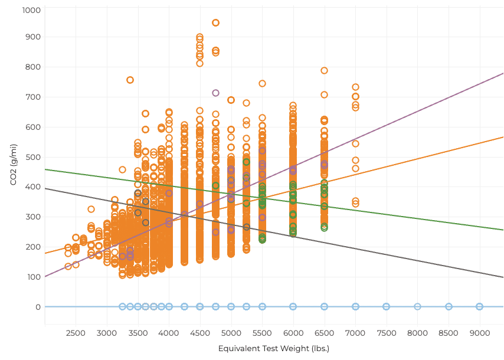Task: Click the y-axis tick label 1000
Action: point(31,10)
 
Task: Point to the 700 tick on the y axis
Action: point(33,97)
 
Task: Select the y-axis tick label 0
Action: point(38,307)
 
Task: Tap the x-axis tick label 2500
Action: point(76,333)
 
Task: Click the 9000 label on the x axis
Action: point(480,333)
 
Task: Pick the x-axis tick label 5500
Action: point(262,333)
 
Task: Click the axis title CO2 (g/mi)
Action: point(14,165)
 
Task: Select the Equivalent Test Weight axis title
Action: point(274,348)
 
